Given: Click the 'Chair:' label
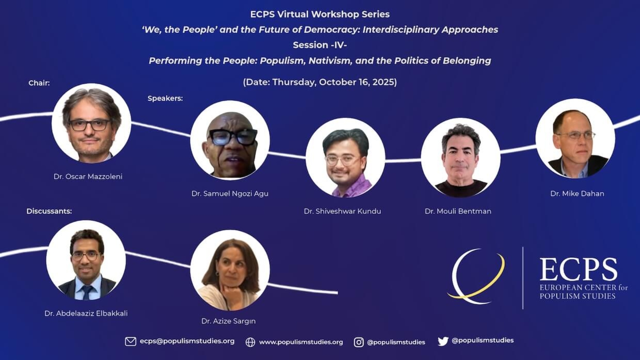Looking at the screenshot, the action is [x=39, y=83].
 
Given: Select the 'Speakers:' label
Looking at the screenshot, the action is [x=165, y=99].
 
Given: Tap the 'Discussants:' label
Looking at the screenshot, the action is [x=49, y=211].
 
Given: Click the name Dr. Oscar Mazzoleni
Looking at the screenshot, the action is [x=88, y=177].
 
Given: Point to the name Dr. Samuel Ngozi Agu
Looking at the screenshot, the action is [x=230, y=194].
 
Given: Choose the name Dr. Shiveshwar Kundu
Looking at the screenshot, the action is [x=343, y=211].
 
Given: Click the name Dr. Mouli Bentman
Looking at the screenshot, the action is [x=458, y=211].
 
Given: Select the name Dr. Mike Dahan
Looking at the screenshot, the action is [x=577, y=194].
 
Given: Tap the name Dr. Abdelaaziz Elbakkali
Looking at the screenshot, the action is [x=86, y=313].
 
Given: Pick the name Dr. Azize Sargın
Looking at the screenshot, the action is [x=229, y=321].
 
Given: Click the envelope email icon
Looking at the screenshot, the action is [x=131, y=342].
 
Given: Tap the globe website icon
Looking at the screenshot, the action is [x=250, y=342].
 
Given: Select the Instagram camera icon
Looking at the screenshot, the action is [x=359, y=342].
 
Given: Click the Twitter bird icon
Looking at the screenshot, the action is [x=443, y=341].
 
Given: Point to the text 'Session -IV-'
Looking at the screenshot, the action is [x=320, y=45].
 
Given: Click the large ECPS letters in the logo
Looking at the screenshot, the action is [x=578, y=269].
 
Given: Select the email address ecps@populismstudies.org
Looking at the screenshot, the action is [x=187, y=342].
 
